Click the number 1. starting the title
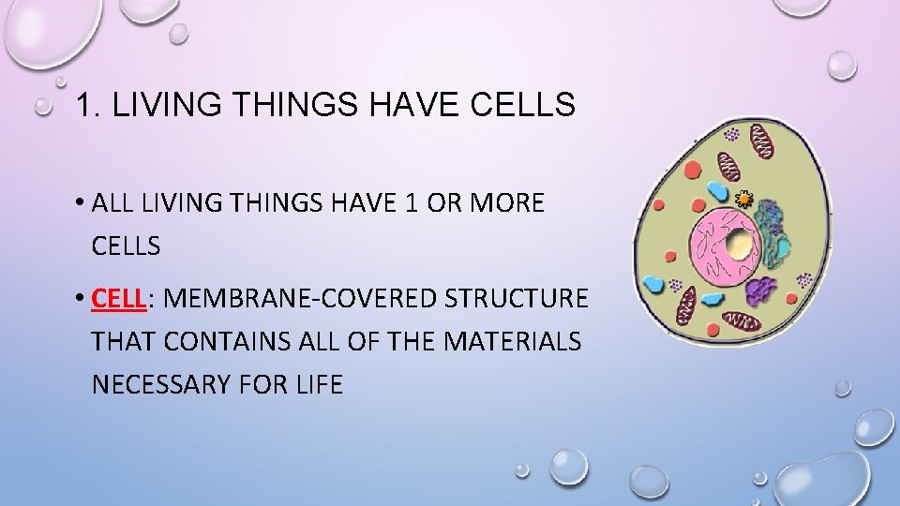click(x=85, y=105)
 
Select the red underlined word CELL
click(x=118, y=299)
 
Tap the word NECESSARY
click(x=172, y=384)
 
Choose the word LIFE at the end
click(x=316, y=384)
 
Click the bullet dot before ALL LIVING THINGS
click(x=82, y=203)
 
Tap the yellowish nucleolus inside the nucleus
click(x=741, y=245)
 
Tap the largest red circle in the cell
click(x=691, y=170)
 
